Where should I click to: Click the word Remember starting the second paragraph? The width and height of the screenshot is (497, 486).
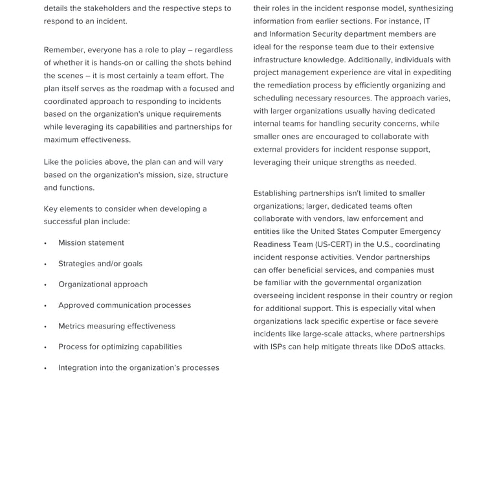coord(63,50)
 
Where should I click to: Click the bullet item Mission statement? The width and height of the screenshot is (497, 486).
coord(91,243)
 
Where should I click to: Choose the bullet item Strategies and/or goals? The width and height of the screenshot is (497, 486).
coord(100,264)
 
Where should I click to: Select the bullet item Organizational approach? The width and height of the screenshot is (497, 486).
coord(103,284)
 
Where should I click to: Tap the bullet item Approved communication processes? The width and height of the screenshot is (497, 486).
coord(124,305)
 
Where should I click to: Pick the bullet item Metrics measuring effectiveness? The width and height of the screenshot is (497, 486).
coord(116,326)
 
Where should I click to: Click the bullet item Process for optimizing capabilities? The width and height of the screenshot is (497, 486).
coord(120,347)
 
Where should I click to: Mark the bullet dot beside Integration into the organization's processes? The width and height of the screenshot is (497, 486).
coord(45,368)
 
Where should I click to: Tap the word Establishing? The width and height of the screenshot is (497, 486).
coord(279,193)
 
